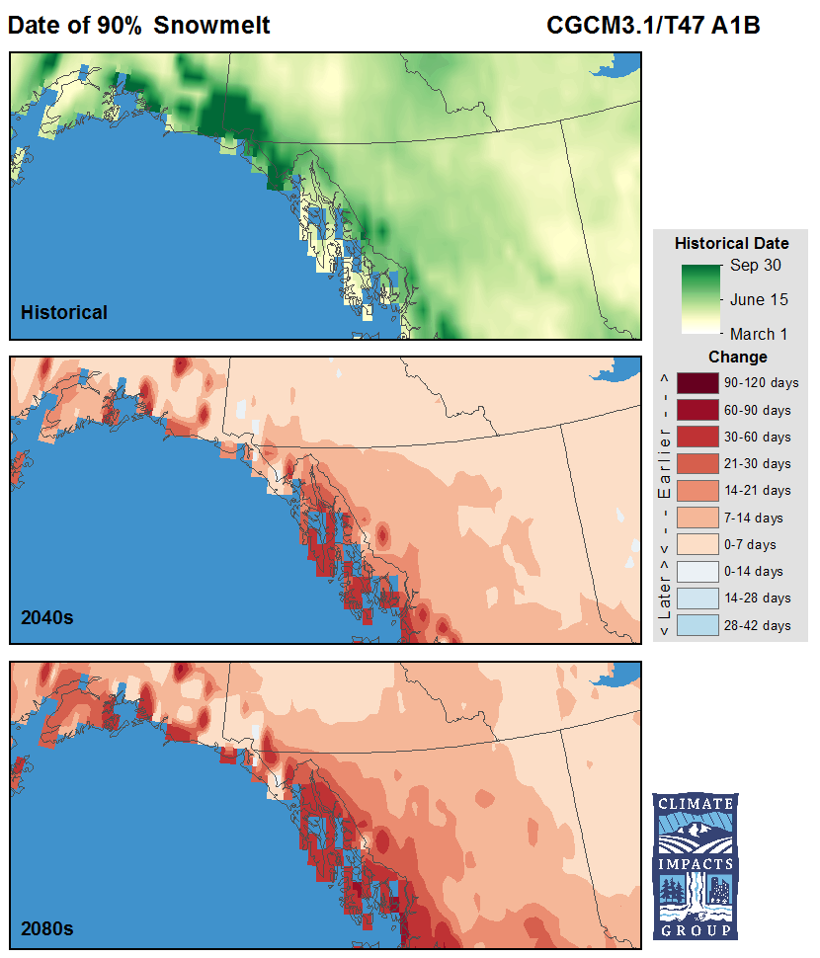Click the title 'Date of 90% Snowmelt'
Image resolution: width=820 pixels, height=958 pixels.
coord(138,26)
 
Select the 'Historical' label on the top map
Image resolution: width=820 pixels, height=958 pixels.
coord(64,313)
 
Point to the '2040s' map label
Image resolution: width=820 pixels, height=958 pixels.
coord(47,618)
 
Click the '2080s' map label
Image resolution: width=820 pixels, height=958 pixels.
coord(47,928)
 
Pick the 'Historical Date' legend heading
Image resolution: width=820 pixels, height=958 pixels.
coord(731,243)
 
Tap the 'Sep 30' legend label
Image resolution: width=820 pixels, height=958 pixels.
coord(758,266)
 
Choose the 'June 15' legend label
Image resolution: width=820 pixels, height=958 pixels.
coord(759,299)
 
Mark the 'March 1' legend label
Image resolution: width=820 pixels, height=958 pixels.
coord(759,334)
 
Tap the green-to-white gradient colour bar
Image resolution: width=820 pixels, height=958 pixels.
coord(701,299)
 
